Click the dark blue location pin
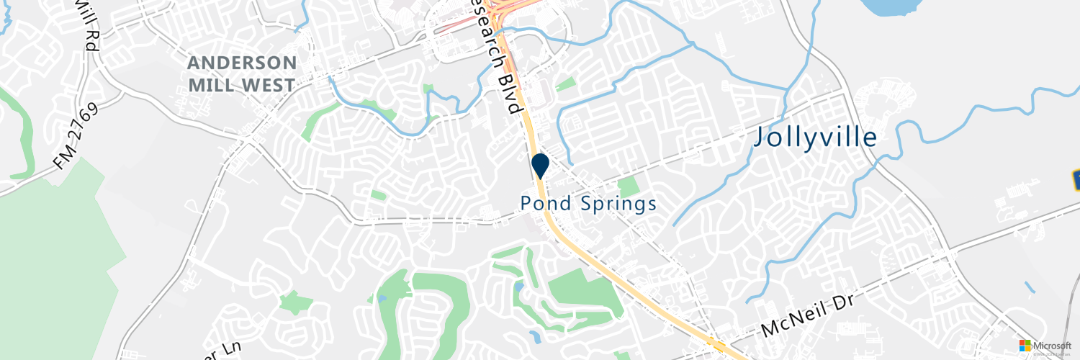[x=540, y=165]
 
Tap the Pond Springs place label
[x=588, y=204]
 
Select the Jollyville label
[x=815, y=137]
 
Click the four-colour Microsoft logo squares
[x=1025, y=346]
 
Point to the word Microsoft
[x=1052, y=346]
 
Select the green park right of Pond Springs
[x=629, y=186]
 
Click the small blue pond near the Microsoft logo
[x=1030, y=287]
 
